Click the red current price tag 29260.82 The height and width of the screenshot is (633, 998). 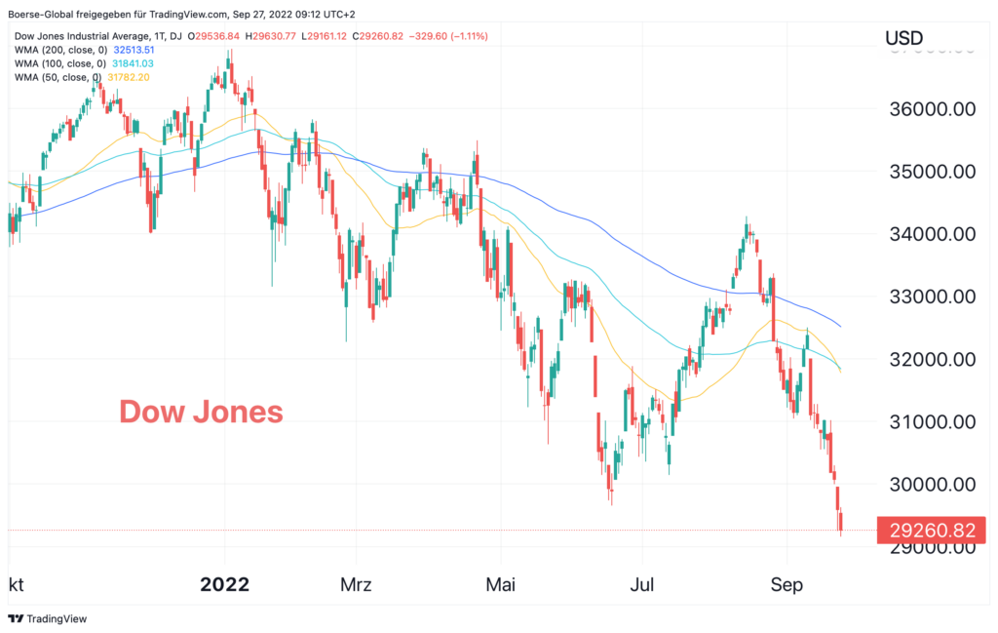931,530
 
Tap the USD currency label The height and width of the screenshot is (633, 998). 903,38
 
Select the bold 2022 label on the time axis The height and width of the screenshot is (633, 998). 225,585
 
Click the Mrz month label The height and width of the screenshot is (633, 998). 357,585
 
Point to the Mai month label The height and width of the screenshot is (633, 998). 500,585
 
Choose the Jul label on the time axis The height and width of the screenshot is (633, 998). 642,585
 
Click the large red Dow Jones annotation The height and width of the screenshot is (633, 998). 201,412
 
